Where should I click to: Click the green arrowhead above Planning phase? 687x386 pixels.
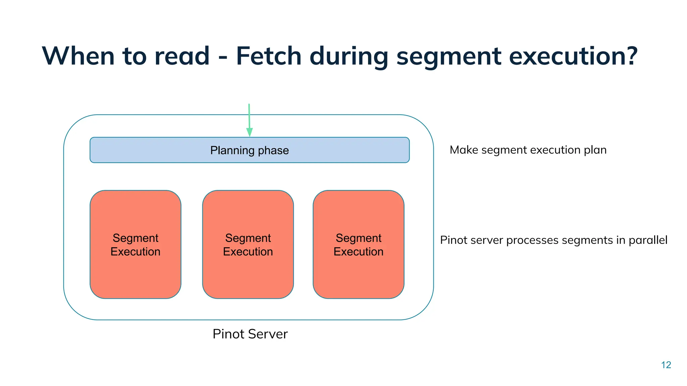click(x=249, y=132)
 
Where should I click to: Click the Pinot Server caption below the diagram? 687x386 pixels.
click(x=250, y=334)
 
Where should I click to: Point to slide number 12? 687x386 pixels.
click(x=666, y=365)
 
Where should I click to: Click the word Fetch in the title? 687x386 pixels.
click(x=269, y=56)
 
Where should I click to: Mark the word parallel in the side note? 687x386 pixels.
click(x=648, y=240)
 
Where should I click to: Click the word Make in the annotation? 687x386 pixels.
click(x=464, y=150)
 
